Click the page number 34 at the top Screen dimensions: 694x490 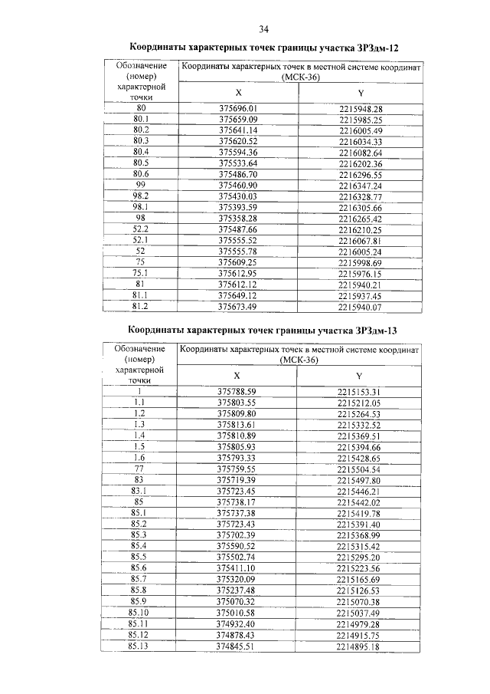click(x=263, y=30)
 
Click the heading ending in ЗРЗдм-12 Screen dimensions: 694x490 click(x=263, y=48)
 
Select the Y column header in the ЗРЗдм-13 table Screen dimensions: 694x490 click(x=359, y=375)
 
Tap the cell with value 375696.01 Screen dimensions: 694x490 click(x=237, y=109)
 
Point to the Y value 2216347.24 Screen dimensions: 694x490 click(x=360, y=186)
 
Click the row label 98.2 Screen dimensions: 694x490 click(x=140, y=196)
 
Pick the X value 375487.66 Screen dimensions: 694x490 click(x=237, y=229)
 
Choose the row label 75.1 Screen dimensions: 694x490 click(x=140, y=273)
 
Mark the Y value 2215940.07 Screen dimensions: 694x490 click(x=360, y=306)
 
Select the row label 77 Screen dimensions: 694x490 click(x=139, y=468)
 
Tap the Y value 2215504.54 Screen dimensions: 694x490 click(x=359, y=468)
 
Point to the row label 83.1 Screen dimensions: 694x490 click(x=139, y=490)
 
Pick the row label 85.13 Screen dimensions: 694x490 click(x=139, y=646)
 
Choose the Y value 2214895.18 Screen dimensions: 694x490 click(x=359, y=646)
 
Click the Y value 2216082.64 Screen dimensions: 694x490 click(x=360, y=153)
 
